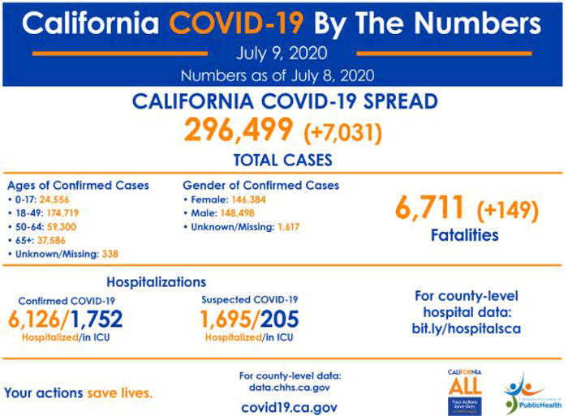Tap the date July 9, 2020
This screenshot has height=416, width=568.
click(282, 55)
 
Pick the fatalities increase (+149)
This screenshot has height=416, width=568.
click(506, 209)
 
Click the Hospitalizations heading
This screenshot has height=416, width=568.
click(156, 282)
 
